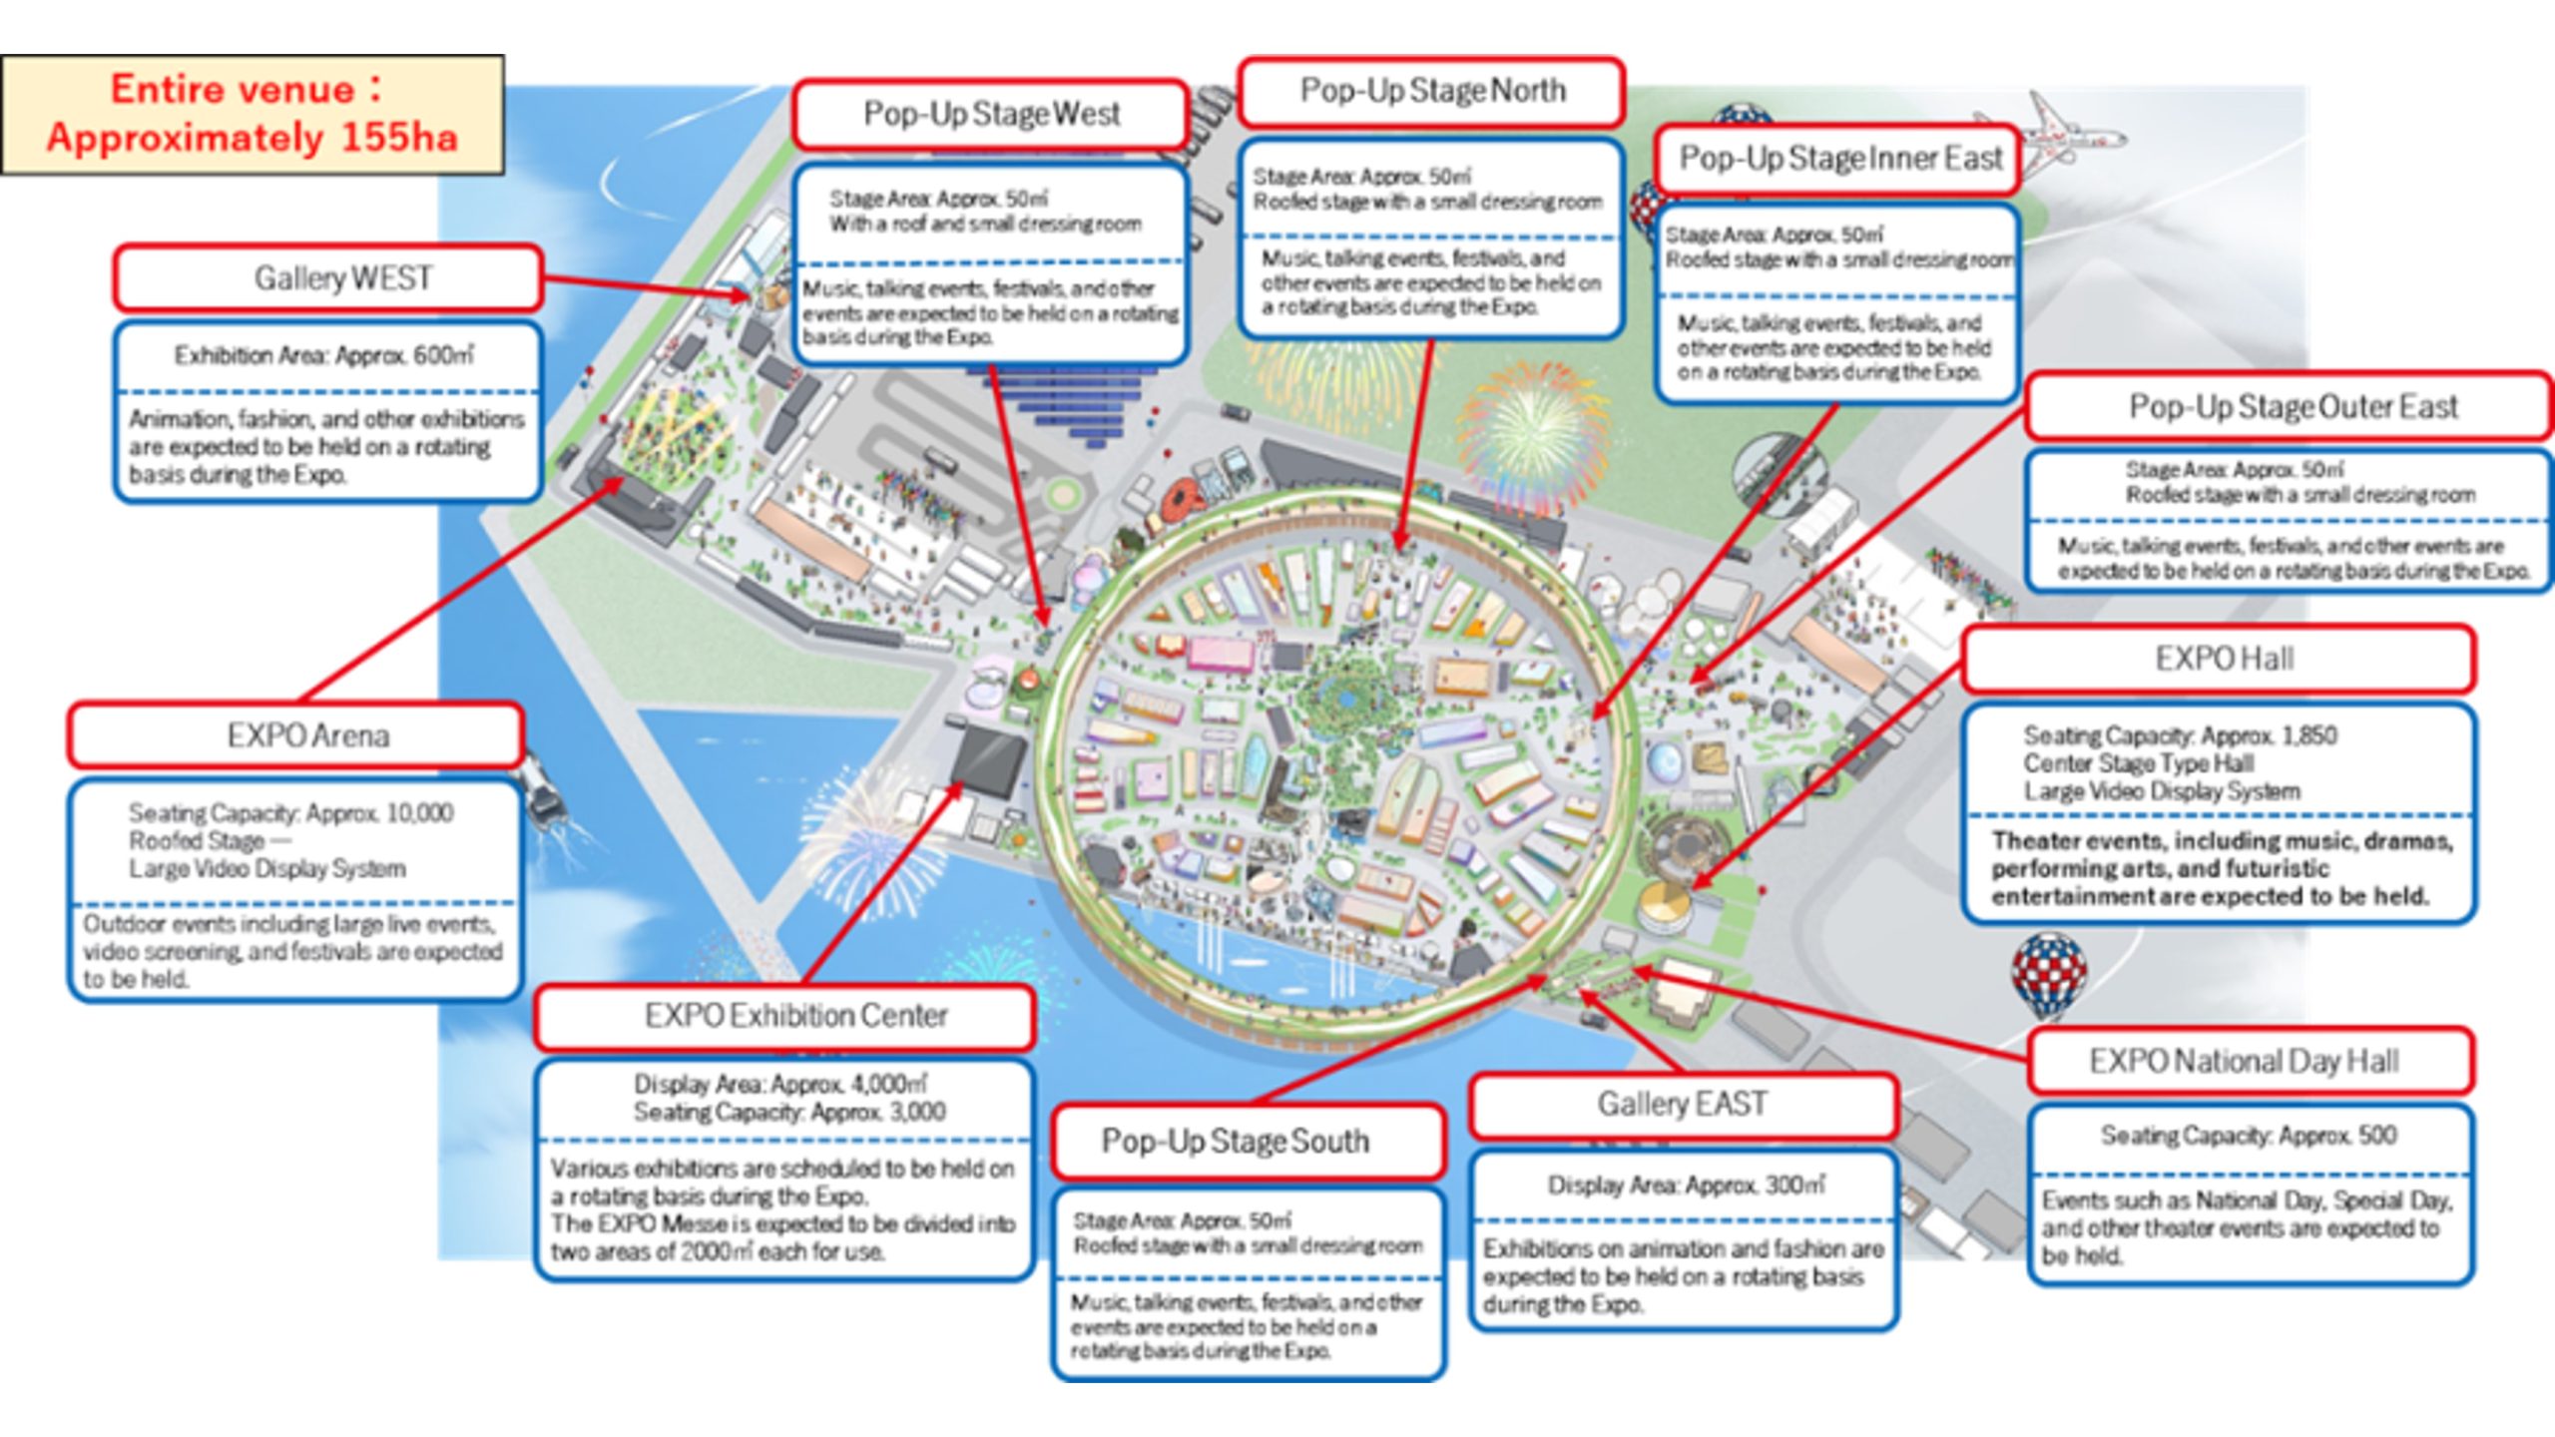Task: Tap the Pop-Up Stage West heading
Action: [x=991, y=115]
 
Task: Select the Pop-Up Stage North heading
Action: [x=1432, y=92]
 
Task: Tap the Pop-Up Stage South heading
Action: [x=1235, y=1141]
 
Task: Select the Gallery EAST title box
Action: [x=1682, y=1104]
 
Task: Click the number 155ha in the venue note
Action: [x=399, y=138]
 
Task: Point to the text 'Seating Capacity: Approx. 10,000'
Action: [x=290, y=813]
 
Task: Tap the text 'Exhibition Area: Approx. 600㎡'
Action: [x=324, y=356]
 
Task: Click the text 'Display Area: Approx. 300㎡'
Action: [x=1686, y=1186]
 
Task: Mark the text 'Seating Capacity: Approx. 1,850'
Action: [x=2180, y=736]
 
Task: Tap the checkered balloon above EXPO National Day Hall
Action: [x=2048, y=973]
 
